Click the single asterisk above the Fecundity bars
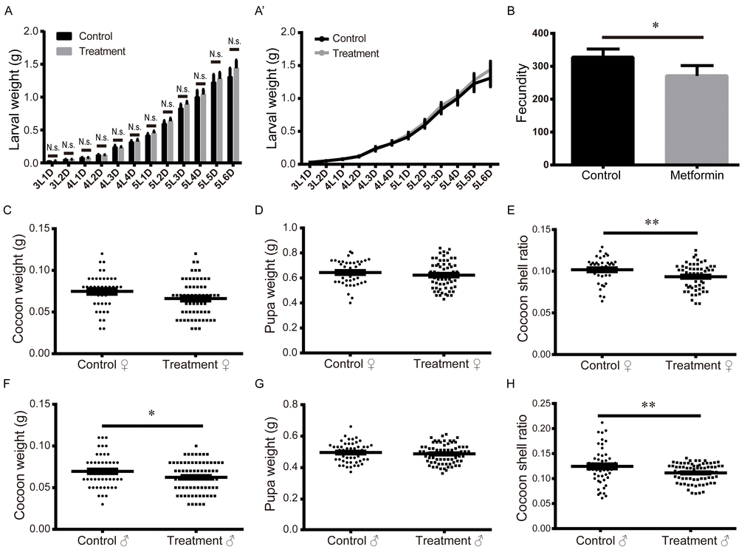pyautogui.click(x=654, y=26)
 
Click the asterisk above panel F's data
pyautogui.click(x=151, y=414)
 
